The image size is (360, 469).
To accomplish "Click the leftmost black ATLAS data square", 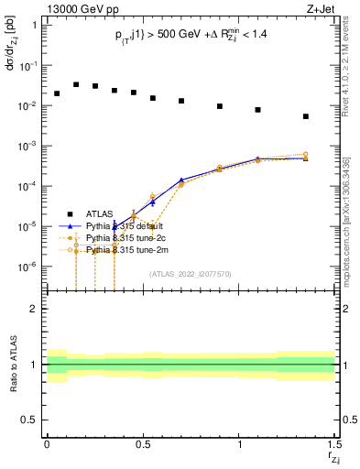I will [x=57, y=93].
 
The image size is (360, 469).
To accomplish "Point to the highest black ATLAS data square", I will [x=76, y=84].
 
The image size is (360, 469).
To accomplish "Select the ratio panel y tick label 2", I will [x=33, y=309].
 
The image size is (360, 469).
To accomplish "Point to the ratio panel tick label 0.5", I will [x=29, y=420].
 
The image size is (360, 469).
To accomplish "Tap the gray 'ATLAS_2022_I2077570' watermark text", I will [x=190, y=273].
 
